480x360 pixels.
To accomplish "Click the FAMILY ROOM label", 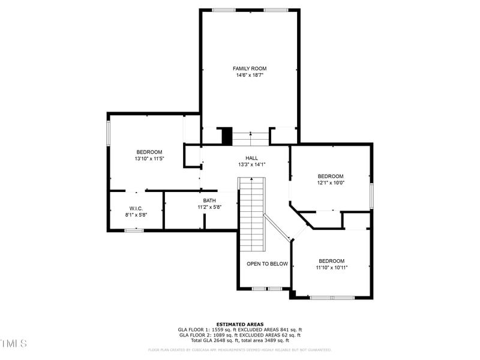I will (250, 68).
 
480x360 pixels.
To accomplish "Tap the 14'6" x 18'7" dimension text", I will (250, 76).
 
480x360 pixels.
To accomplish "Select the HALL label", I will (251, 158).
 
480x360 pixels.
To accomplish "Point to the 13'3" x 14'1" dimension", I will (251, 164).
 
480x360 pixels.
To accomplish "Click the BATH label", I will (209, 201).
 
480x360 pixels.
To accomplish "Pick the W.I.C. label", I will (136, 208).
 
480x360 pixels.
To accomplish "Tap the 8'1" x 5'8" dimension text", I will (136, 215).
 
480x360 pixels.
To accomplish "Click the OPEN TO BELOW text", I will (268, 264).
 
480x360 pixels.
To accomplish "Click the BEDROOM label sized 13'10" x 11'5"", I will (149, 152).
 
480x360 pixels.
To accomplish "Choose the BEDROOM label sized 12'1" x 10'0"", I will (331, 176).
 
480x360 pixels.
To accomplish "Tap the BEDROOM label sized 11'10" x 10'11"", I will (331, 261).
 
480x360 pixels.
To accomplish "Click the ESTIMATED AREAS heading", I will (240, 324).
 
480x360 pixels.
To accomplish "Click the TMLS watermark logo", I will (14, 343).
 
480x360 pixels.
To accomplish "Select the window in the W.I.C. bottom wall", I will (134, 230).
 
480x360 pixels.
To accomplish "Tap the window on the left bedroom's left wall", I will (109, 133).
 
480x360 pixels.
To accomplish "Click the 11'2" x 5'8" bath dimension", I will (209, 208).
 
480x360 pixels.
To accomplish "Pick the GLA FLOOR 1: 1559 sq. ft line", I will (240, 329).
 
